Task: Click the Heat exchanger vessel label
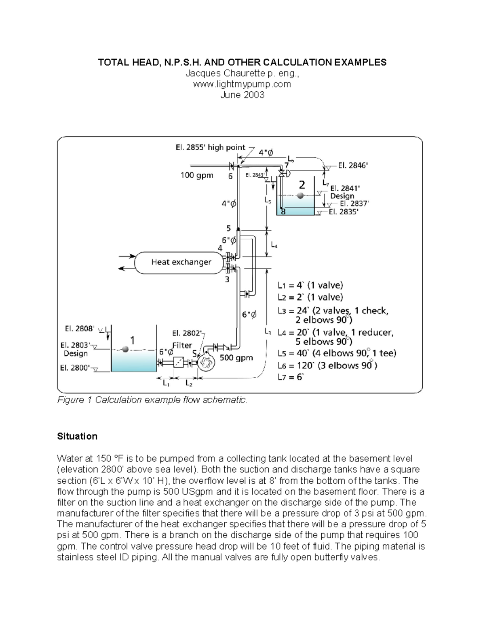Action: [181, 262]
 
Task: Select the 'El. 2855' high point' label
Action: [210, 148]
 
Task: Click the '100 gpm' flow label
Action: [196, 176]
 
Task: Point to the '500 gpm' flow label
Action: [236, 358]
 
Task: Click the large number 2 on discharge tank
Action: [302, 185]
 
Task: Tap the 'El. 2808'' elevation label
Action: [79, 329]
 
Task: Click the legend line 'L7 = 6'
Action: [290, 377]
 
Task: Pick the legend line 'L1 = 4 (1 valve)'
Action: [310, 285]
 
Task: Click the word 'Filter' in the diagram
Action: [182, 346]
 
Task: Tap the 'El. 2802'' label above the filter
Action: [187, 333]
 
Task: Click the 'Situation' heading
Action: [77, 436]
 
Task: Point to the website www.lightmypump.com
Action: [242, 84]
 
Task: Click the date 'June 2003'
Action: [242, 95]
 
